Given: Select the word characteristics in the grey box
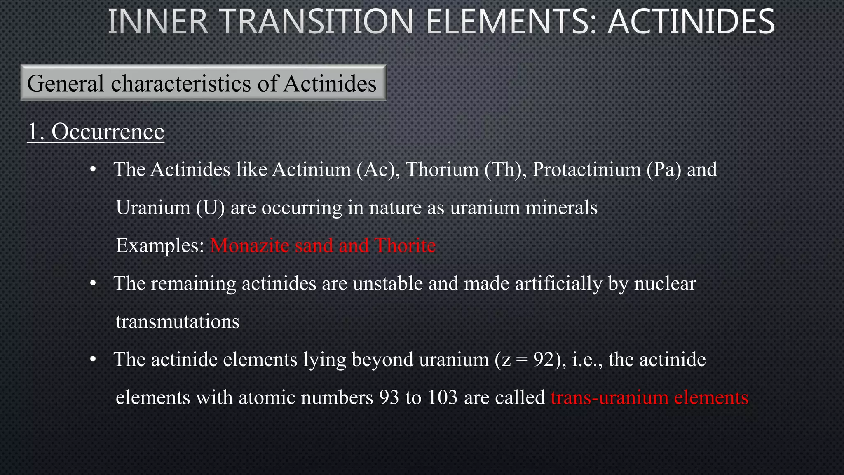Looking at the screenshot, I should point(181,83).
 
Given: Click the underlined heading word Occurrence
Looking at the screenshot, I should point(108,132).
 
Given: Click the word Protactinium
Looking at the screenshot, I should point(586,169).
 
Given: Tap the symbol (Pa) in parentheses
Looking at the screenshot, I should point(663,169).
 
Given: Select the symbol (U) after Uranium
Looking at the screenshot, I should point(210,207).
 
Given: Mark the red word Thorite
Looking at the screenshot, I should point(405,246).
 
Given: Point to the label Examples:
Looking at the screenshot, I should point(160,246).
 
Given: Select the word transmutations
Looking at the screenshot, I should point(178,322).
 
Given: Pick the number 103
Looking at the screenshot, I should point(443,397).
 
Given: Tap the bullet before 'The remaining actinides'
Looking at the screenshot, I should point(93,284).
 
